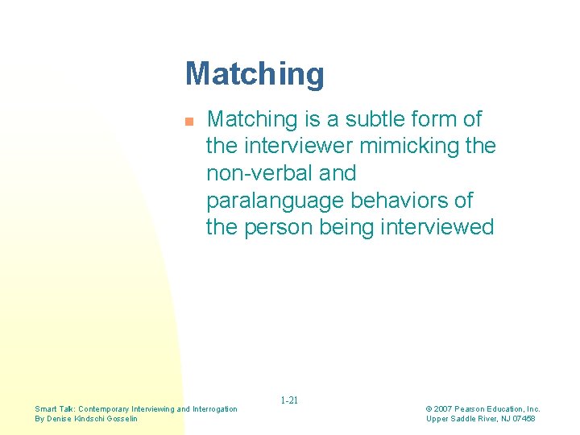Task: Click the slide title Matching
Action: click(255, 74)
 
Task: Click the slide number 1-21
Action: click(289, 400)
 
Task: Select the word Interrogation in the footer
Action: click(213, 409)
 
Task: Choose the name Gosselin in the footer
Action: click(122, 419)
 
